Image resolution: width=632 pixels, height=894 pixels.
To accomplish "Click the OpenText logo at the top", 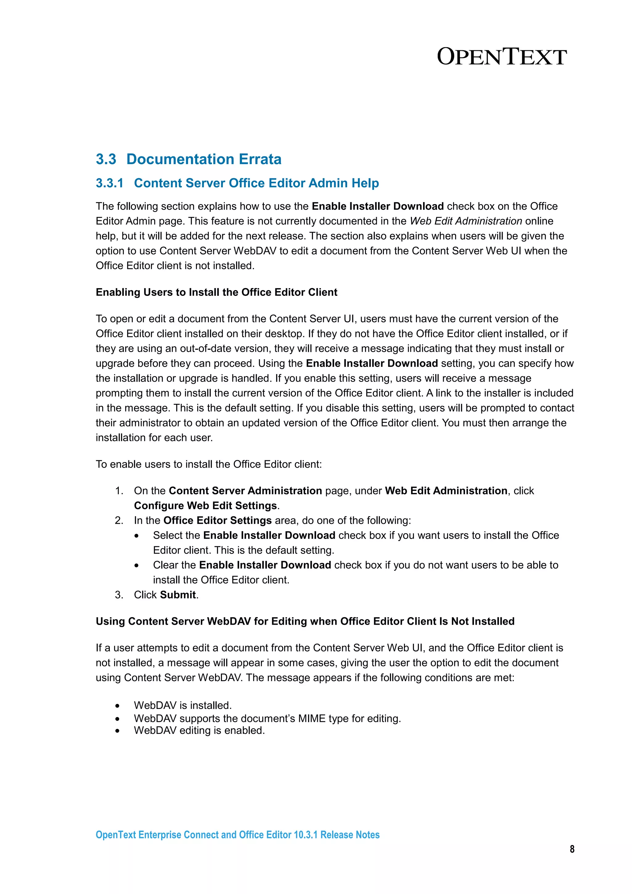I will click(501, 57).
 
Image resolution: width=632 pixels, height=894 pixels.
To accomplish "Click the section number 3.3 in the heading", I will click(106, 159).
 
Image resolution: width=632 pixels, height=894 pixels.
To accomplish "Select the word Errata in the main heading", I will click(260, 159).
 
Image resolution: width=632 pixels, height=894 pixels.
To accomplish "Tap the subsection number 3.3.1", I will click(110, 183).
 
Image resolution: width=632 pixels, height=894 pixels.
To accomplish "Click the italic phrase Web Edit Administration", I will click(466, 221).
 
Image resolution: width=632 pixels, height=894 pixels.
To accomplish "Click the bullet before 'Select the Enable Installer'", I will click(136, 536).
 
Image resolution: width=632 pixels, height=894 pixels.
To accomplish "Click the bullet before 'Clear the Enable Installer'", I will click(136, 566).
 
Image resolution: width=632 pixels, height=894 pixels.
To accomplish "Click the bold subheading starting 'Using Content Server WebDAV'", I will click(305, 621).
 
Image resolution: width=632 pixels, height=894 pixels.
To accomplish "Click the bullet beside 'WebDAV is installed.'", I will click(117, 706).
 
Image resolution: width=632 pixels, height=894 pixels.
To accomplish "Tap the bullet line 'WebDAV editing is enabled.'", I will click(199, 731).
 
